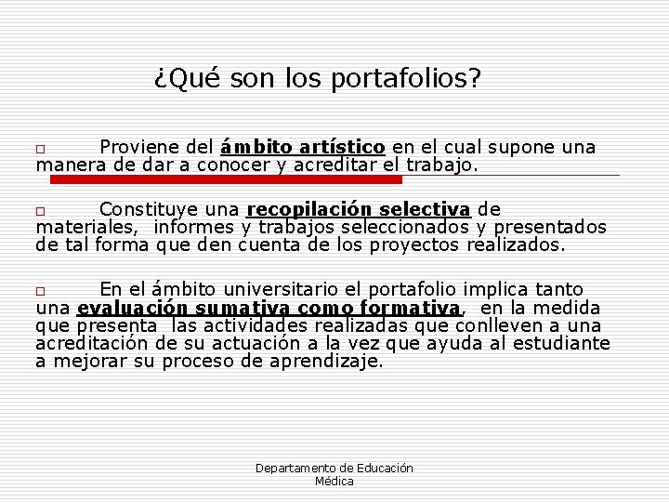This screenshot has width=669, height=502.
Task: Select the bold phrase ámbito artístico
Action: tap(304, 147)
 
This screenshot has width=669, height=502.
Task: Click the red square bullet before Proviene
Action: tap(40, 149)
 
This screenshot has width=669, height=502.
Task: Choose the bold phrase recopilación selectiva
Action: tap(360, 209)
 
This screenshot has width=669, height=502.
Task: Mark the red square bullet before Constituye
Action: tap(40, 211)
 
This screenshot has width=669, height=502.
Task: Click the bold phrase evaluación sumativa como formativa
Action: tap(270, 308)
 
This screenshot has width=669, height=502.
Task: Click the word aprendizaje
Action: tap(326, 362)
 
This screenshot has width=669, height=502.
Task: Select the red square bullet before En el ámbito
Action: tap(40, 291)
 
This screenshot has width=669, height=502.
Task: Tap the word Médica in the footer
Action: tap(334, 482)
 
